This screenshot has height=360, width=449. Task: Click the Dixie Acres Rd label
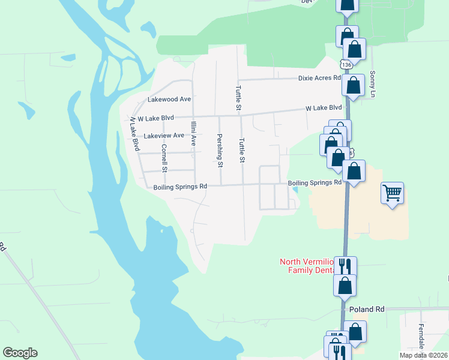pos(319,78)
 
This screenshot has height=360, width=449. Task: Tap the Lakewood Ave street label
pos(169,99)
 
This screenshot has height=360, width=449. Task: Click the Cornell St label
pos(163,155)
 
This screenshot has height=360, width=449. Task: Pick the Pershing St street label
pos(220,151)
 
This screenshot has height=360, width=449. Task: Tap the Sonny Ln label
pos(373,84)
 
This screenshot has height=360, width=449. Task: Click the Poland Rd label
pos(366,310)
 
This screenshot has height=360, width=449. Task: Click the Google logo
pos(20,353)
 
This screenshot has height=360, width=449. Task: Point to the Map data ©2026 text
pos(423,355)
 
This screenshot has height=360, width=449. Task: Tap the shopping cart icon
pos(392,193)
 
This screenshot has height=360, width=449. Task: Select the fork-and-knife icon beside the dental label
pos(345,265)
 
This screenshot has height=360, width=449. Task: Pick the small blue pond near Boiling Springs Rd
pos(294,190)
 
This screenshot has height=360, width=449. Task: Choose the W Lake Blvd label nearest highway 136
pos(324,108)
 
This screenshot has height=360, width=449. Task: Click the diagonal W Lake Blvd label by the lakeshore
pos(134,133)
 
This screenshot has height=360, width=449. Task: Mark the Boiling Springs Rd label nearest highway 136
pos(315,182)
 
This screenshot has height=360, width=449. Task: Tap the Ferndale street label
pos(421,337)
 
